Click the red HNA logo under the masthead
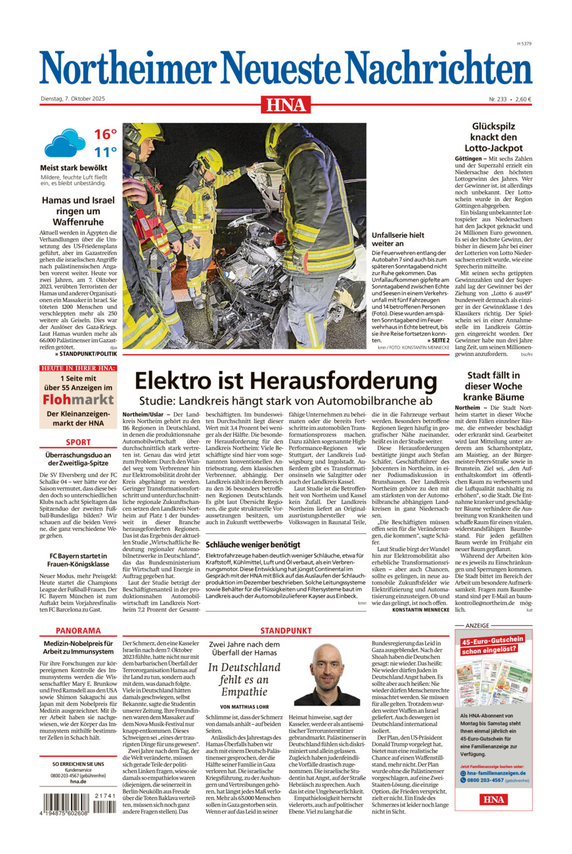pyautogui.click(x=286, y=104)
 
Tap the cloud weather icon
pyautogui.click(x=64, y=143)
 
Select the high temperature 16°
pyautogui.click(x=105, y=135)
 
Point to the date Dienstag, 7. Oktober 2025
pyautogui.click(x=73, y=99)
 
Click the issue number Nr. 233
pyautogui.click(x=498, y=99)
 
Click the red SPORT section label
pyautogui.click(x=78, y=442)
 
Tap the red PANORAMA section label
pyautogui.click(x=78, y=630)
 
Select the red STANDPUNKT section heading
pyautogui.click(x=286, y=630)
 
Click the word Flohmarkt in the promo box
pyautogui.click(x=78, y=399)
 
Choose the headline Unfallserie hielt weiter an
pyautogui.click(x=398, y=239)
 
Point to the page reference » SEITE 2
pyautogui.click(x=438, y=340)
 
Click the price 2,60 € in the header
pyautogui.click(x=523, y=99)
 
